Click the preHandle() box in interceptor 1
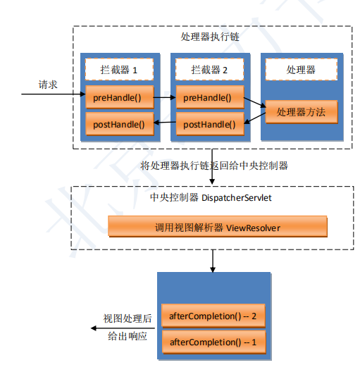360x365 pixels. [120, 97]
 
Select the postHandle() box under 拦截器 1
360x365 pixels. [120, 124]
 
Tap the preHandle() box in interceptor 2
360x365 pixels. [210, 97]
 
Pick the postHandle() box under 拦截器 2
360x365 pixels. [210, 124]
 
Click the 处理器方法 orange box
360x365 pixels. [302, 112]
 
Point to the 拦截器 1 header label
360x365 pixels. [119, 70]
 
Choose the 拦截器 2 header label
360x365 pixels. [209, 70]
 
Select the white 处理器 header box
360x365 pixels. [302, 70]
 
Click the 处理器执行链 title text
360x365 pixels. [210, 37]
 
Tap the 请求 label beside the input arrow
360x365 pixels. [48, 85]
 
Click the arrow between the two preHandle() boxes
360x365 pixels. [165, 97]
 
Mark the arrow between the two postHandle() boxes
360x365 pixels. [165, 123]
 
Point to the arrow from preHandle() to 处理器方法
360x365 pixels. [255, 103]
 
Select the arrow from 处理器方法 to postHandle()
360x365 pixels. [255, 118]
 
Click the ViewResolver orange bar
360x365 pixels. [218, 226]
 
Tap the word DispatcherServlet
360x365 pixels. [237, 198]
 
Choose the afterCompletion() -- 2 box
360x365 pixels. [213, 316]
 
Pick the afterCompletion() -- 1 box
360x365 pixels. [213, 342]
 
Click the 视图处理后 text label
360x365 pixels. [128, 318]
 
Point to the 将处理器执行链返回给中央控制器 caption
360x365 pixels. [214, 166]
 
